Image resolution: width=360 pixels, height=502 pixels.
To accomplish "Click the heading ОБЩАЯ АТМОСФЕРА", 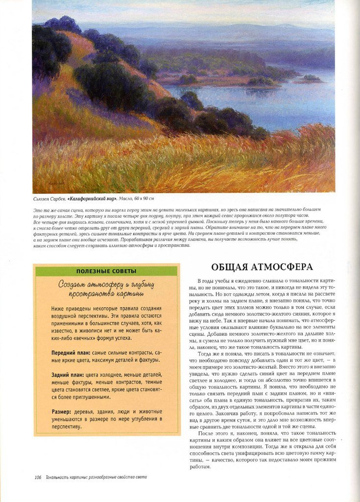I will [x=262, y=267].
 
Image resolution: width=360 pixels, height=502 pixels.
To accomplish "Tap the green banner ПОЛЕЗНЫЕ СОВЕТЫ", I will [x=106, y=271].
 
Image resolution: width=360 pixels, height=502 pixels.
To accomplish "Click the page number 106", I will [x=38, y=477].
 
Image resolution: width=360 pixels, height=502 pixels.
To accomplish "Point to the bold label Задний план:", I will [x=68, y=375].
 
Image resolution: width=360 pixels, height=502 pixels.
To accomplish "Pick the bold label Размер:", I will [x=63, y=411].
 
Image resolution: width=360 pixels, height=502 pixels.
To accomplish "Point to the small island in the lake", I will [x=311, y=77].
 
